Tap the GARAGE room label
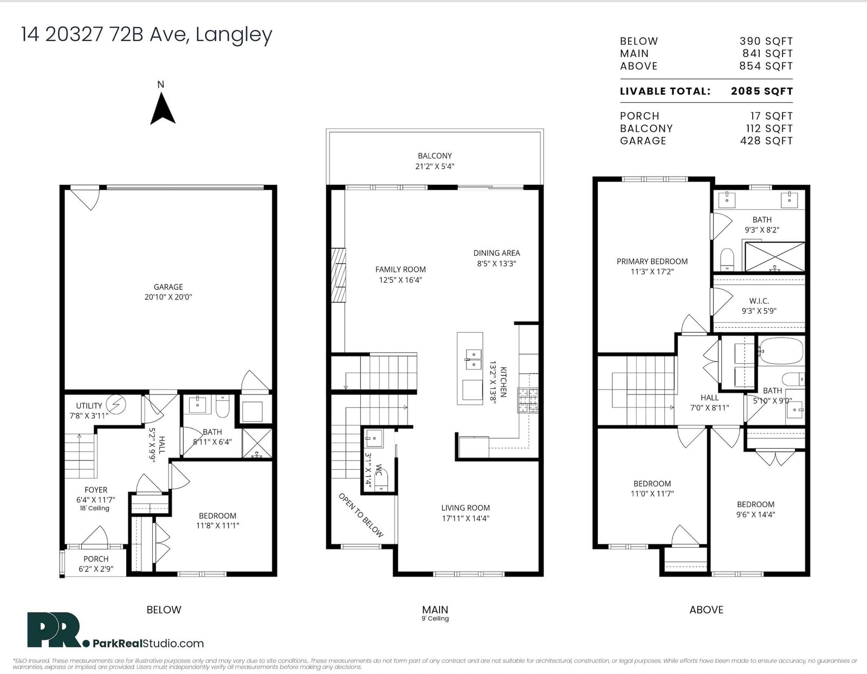168,287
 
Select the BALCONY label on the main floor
435,155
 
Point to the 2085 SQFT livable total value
762,91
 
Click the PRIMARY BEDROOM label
652,261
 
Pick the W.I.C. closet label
759,301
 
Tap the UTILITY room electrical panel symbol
116,404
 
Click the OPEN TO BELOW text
361,515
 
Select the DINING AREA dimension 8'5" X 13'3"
496,263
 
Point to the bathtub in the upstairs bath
780,351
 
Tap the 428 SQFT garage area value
766,141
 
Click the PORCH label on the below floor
96,559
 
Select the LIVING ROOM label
465,508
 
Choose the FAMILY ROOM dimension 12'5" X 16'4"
400,280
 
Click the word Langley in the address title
234,35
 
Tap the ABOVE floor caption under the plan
706,610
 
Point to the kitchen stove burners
528,400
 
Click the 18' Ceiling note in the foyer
94,508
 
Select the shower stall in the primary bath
774,256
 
